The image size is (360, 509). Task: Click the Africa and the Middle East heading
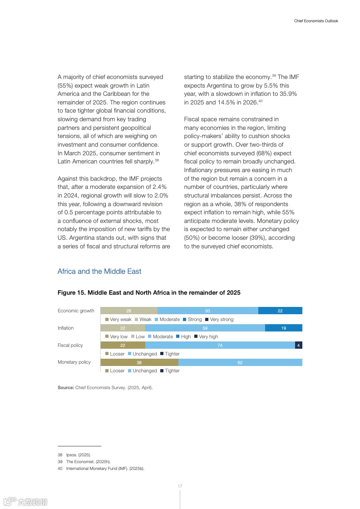point(99,272)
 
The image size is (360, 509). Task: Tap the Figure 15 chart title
point(149,293)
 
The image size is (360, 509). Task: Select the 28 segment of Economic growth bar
point(129,311)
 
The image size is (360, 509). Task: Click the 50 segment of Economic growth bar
point(207,311)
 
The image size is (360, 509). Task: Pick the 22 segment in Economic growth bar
point(280,311)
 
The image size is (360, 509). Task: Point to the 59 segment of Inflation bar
point(205,328)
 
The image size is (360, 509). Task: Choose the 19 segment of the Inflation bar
point(283,328)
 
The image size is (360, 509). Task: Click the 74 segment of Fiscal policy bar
point(220,345)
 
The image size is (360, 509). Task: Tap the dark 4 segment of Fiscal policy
point(298,345)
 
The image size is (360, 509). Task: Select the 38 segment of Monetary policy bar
point(139,362)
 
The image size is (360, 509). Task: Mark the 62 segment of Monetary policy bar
point(240,362)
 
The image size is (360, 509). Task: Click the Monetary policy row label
point(74,362)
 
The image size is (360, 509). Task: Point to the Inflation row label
point(65,328)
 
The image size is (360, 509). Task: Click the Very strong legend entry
point(219,320)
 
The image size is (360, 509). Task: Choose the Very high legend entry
point(206,337)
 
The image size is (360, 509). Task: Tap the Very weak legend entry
point(118,320)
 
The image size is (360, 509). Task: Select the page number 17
point(180,486)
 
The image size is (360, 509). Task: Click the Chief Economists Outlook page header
point(316,21)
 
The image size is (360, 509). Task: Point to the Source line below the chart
point(105,388)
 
